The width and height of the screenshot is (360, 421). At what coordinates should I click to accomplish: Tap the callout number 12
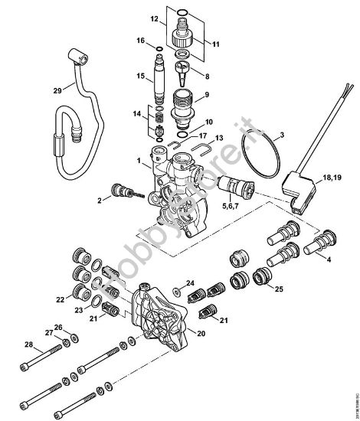[153, 17]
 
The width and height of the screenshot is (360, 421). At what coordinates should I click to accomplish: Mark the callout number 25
[279, 289]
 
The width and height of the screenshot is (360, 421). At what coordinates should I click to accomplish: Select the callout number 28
[28, 344]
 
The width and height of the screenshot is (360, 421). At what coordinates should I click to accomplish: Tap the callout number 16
[140, 40]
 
